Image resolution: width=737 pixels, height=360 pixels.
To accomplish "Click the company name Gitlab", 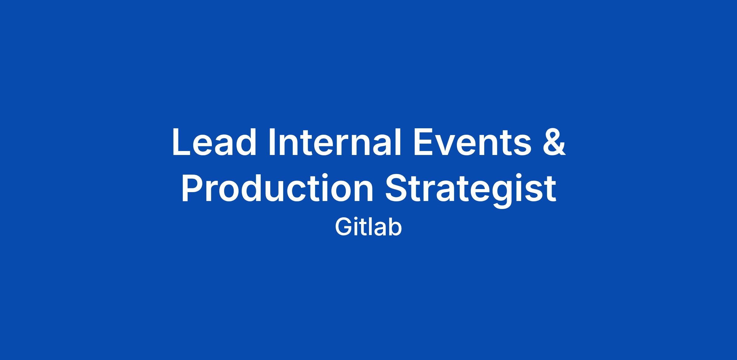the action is pyautogui.click(x=368, y=227).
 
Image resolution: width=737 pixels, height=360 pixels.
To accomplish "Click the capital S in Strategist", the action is pyautogui.click(x=396, y=188).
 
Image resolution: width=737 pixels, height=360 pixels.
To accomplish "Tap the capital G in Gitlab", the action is pyautogui.click(x=343, y=227).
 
